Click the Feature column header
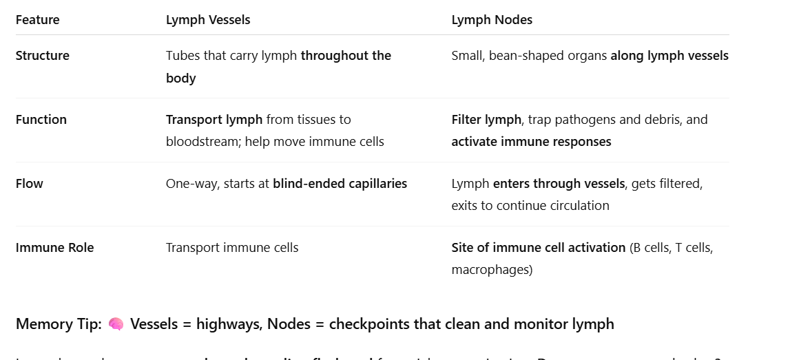[x=38, y=20]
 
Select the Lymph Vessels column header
[x=208, y=20]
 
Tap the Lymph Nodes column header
[x=492, y=20]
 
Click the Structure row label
[x=43, y=56]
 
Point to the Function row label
[x=41, y=120]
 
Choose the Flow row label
[x=30, y=184]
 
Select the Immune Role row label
[x=55, y=248]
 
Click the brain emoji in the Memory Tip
[x=116, y=324]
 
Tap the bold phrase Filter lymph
[x=486, y=120]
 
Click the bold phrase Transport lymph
[x=214, y=120]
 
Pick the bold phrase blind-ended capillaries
[x=340, y=184]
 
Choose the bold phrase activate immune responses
[x=531, y=142]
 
